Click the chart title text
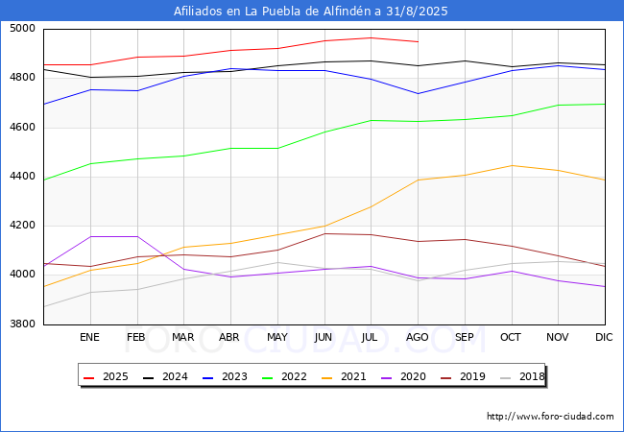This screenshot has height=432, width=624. (x=311, y=12)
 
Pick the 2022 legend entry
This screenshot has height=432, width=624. (x=286, y=377)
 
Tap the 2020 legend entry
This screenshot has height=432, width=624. (x=404, y=377)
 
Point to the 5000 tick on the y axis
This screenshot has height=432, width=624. (x=23, y=29)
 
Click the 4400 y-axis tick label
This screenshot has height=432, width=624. (x=23, y=177)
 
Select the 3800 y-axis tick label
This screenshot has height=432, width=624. (x=23, y=324)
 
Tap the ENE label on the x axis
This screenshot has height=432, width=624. (x=89, y=338)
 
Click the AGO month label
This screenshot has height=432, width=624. (x=418, y=338)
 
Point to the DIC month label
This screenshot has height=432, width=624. (x=605, y=338)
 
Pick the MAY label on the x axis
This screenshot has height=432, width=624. (x=277, y=338)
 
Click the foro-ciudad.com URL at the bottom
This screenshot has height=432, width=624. (x=550, y=417)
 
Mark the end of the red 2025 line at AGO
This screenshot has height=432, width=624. (x=418, y=41)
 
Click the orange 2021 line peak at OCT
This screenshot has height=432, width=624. (x=512, y=165)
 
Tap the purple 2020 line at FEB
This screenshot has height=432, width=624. (x=137, y=236)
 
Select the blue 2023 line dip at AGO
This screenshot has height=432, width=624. (x=418, y=93)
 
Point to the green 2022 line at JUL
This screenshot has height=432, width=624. (x=371, y=120)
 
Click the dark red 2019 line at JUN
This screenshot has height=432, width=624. (x=324, y=233)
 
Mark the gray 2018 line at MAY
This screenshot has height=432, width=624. (x=277, y=262)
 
